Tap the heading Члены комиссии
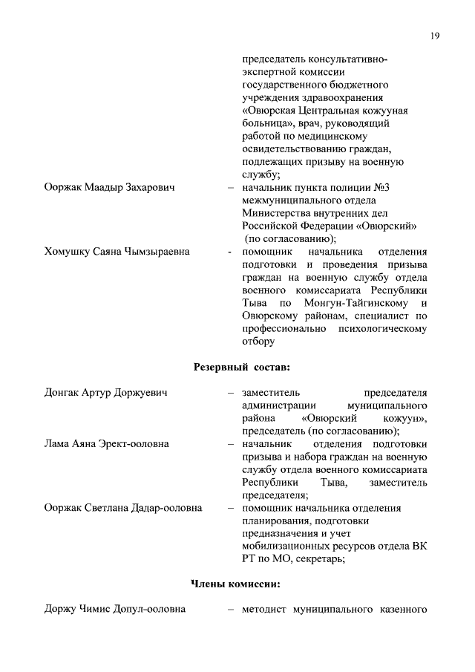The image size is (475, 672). [236, 584]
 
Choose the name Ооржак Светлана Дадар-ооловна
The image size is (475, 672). [123, 508]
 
